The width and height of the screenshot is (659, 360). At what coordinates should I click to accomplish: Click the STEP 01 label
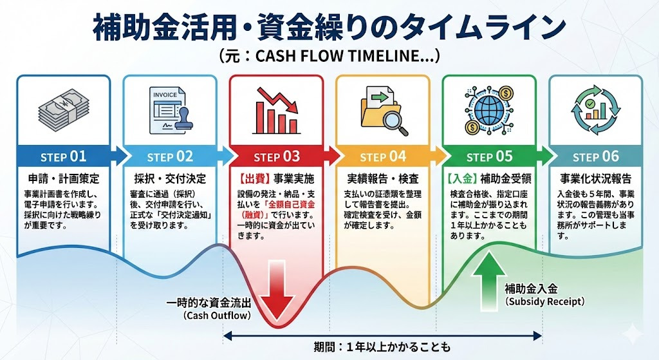click(x=63, y=156)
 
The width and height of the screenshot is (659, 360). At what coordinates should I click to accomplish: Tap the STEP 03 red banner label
click(x=277, y=156)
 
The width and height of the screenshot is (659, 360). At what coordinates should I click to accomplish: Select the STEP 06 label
click(x=595, y=156)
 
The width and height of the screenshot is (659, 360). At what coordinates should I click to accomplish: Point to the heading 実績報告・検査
click(x=382, y=178)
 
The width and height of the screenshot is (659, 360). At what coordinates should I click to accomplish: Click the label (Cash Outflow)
click(x=217, y=315)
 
